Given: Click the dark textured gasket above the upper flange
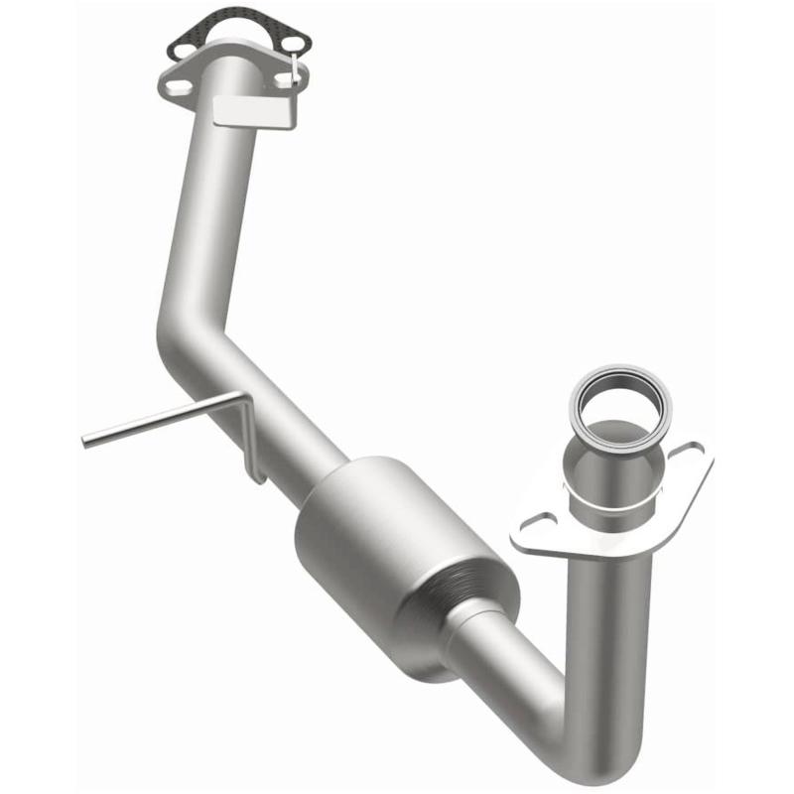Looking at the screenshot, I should [238, 30].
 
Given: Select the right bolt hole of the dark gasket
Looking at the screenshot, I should [294, 46].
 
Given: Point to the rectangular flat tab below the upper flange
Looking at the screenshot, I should [255, 111].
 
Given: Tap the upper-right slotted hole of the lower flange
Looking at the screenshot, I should [688, 455].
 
